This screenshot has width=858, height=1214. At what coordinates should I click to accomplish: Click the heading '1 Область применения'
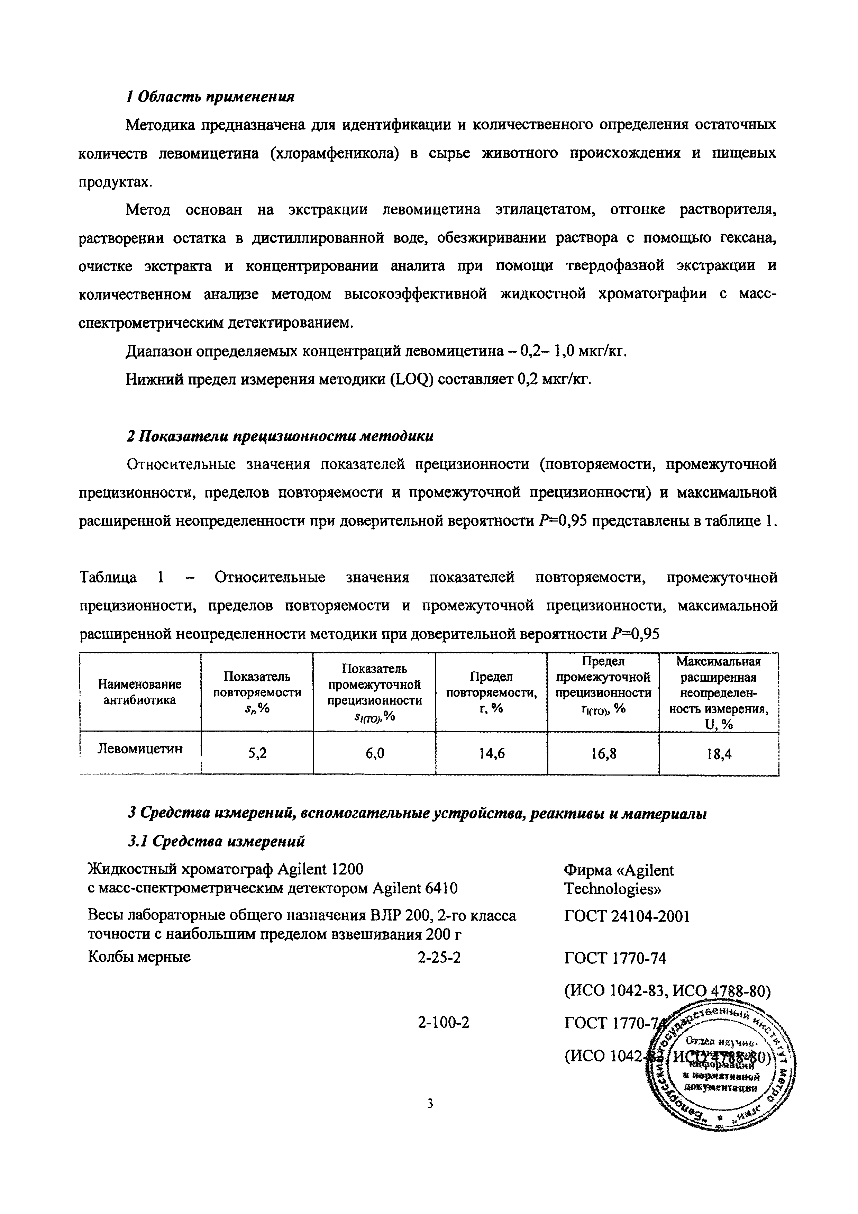[210, 97]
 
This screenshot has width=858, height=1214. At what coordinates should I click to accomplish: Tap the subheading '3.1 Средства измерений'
[217, 841]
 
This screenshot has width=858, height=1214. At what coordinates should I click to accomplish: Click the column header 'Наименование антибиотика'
[140, 692]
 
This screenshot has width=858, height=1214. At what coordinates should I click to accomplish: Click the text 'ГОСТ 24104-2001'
[627, 916]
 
